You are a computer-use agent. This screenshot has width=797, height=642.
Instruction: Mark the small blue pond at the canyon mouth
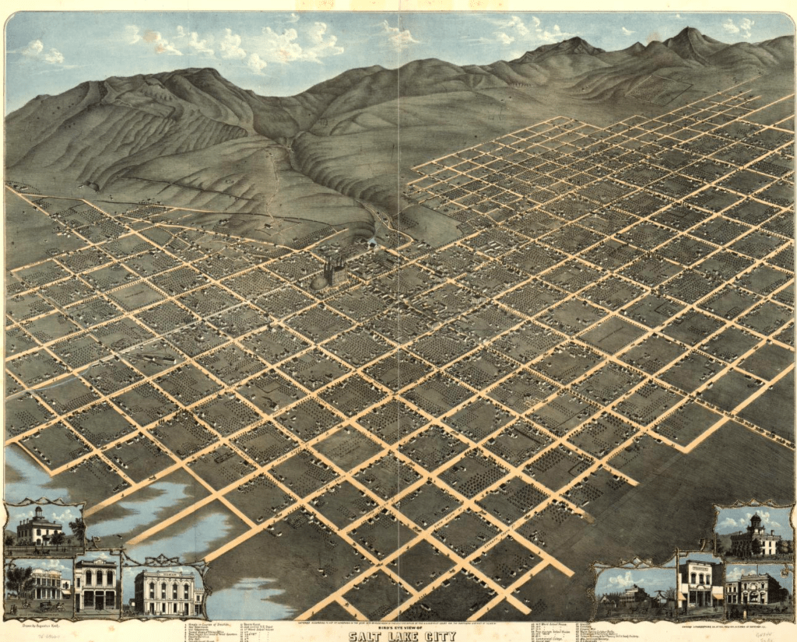point(372,243)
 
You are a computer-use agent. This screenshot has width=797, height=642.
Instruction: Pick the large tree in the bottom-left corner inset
point(19,580)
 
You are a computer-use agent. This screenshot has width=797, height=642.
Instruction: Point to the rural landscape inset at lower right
point(634,591)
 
